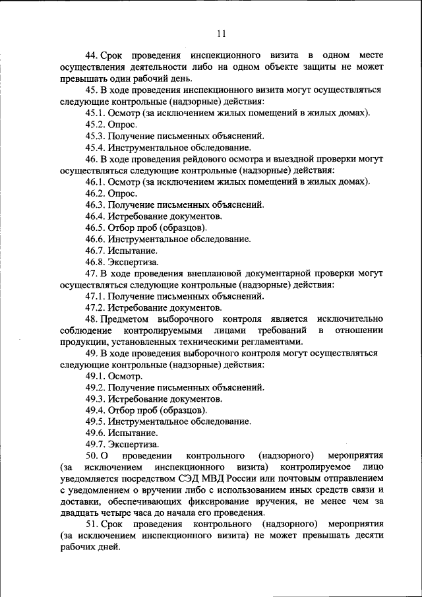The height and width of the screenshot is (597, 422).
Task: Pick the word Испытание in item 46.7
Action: [x=133, y=251]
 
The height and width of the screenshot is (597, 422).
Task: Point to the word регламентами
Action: [x=273, y=342]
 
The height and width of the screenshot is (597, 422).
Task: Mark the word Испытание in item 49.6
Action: [x=133, y=433]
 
